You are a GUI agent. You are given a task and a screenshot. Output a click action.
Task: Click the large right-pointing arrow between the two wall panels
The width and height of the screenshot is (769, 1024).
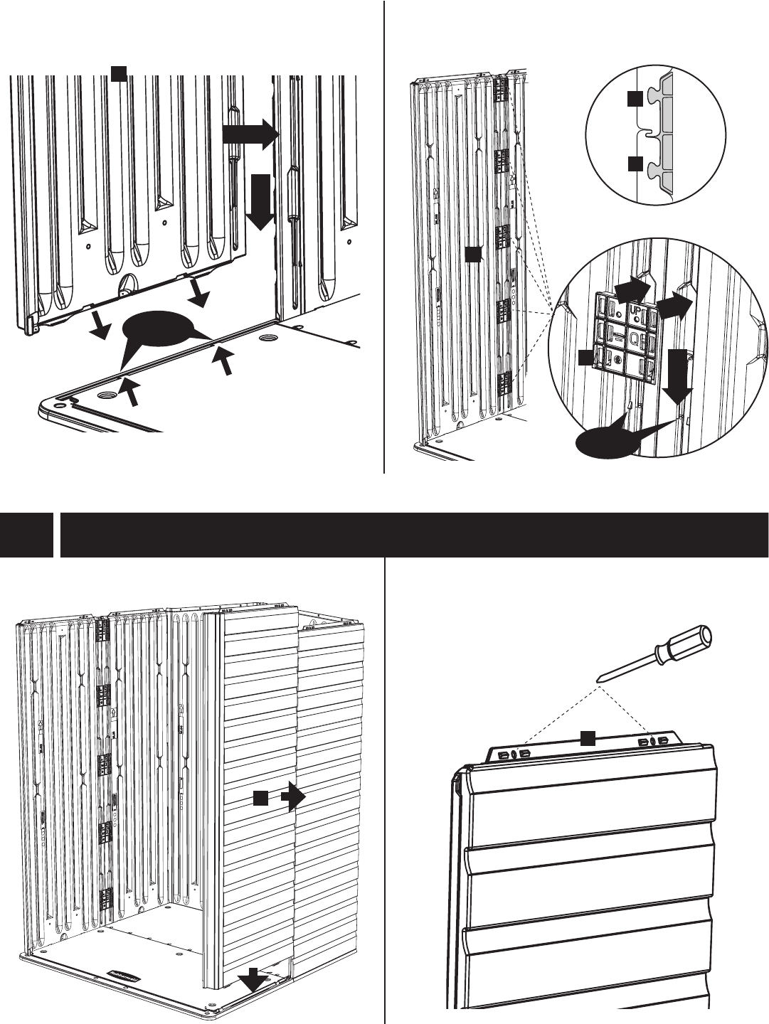[249, 134]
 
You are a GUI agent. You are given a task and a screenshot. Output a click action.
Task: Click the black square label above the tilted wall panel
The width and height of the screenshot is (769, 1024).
[120, 72]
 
